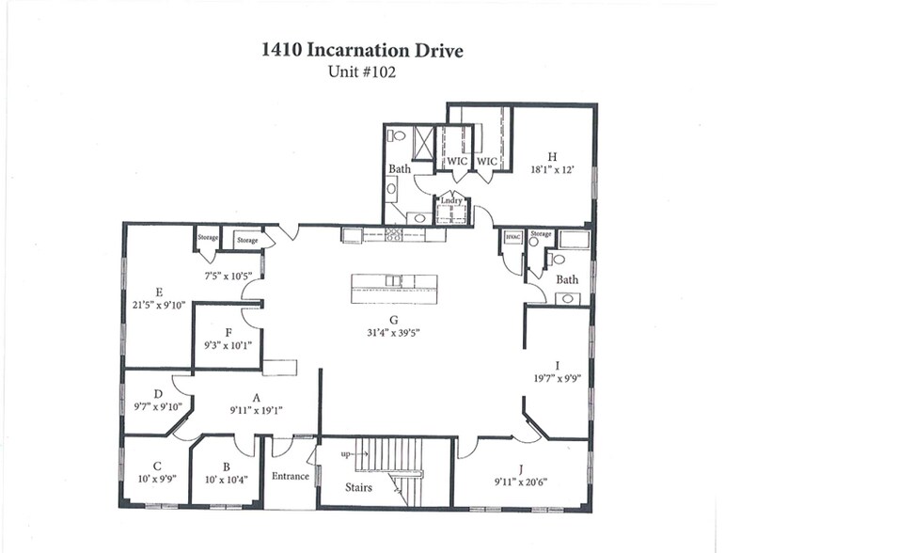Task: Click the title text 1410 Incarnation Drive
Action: [x=362, y=50]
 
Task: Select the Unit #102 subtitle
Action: [x=362, y=72]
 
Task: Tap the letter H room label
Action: [x=552, y=157]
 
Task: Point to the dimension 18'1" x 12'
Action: [x=552, y=170]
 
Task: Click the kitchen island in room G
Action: [x=394, y=288]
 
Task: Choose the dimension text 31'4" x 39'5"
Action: [x=394, y=333]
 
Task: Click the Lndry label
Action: [x=451, y=200]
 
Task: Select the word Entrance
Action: [x=291, y=476]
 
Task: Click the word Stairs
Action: [x=357, y=487]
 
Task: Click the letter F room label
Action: [x=228, y=332]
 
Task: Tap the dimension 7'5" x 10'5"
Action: [x=228, y=276]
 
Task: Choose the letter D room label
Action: [x=158, y=393]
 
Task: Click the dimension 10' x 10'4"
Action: [x=226, y=480]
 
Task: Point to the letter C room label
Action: [x=158, y=466]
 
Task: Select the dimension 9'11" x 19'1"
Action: [x=256, y=410]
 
